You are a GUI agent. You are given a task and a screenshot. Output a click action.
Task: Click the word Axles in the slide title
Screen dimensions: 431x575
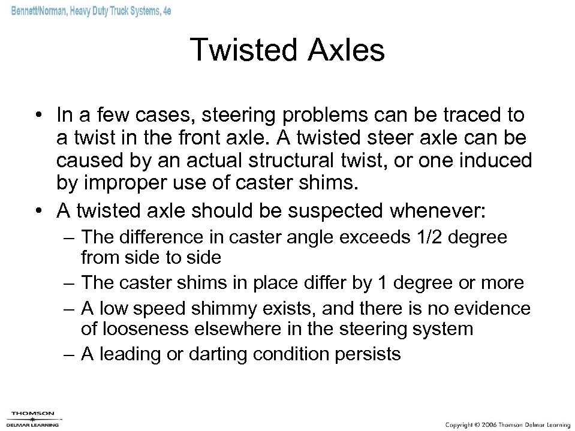click(x=348, y=50)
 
